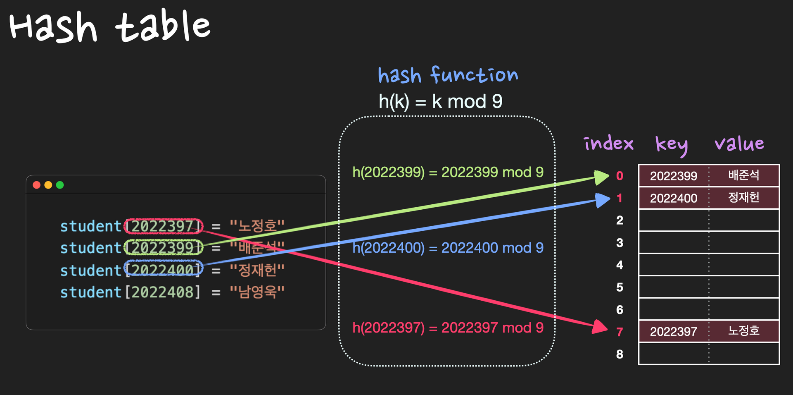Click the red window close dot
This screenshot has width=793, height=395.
point(37,185)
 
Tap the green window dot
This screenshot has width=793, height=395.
point(60,185)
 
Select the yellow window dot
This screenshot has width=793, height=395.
point(48,185)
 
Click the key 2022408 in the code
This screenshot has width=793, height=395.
point(163,292)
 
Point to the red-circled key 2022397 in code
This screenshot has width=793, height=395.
point(164,226)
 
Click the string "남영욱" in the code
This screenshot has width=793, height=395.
point(257,292)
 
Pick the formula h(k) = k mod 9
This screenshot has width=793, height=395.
point(440,101)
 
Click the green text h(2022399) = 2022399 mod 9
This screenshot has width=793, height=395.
point(448,172)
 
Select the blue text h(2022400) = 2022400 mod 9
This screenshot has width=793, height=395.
point(448,248)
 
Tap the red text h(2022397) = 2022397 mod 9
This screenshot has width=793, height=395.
point(448,328)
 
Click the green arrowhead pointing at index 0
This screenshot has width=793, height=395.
point(601,177)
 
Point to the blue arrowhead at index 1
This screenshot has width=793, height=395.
point(602,200)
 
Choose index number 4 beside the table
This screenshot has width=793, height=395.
point(620,265)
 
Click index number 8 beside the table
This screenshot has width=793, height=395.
point(620,354)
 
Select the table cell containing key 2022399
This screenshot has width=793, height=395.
point(674,176)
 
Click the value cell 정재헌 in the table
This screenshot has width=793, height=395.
point(743,198)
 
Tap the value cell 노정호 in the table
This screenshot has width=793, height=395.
point(743,331)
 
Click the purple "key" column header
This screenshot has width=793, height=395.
point(672,144)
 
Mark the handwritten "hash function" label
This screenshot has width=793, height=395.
point(448,75)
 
